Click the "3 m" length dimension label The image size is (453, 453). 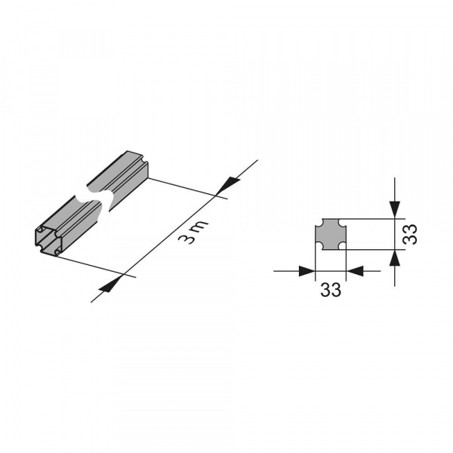193,232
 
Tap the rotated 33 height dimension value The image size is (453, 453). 410,234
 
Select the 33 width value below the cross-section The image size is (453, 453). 331,290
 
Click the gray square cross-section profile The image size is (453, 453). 330,234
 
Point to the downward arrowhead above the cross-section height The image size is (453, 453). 395,209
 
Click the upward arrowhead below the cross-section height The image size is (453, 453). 395,258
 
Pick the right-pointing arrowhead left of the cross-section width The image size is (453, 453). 307,271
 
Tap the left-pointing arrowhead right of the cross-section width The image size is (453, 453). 355,271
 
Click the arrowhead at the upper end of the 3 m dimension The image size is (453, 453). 228,186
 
